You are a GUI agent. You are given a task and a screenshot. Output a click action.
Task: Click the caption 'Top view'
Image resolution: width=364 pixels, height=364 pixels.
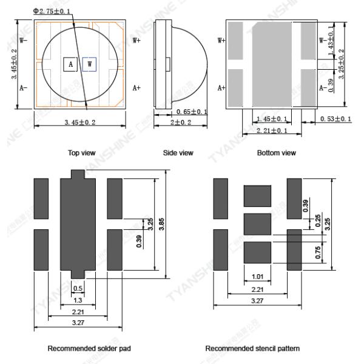[80, 153]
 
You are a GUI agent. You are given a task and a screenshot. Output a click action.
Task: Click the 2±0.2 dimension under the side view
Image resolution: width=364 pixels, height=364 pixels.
[178, 123]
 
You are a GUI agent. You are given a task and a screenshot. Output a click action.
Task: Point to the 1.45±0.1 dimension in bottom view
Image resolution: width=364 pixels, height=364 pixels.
[268, 118]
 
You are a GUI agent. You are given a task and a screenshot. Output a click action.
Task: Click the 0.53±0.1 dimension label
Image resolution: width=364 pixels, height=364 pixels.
[335, 118]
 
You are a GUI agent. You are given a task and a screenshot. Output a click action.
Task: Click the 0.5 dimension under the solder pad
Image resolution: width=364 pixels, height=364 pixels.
[78, 288]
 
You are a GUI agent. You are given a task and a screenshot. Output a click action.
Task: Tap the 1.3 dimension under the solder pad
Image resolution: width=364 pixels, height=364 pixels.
[78, 300]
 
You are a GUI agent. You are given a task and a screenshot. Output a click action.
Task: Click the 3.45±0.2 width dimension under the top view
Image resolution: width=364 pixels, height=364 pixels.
[79, 123]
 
